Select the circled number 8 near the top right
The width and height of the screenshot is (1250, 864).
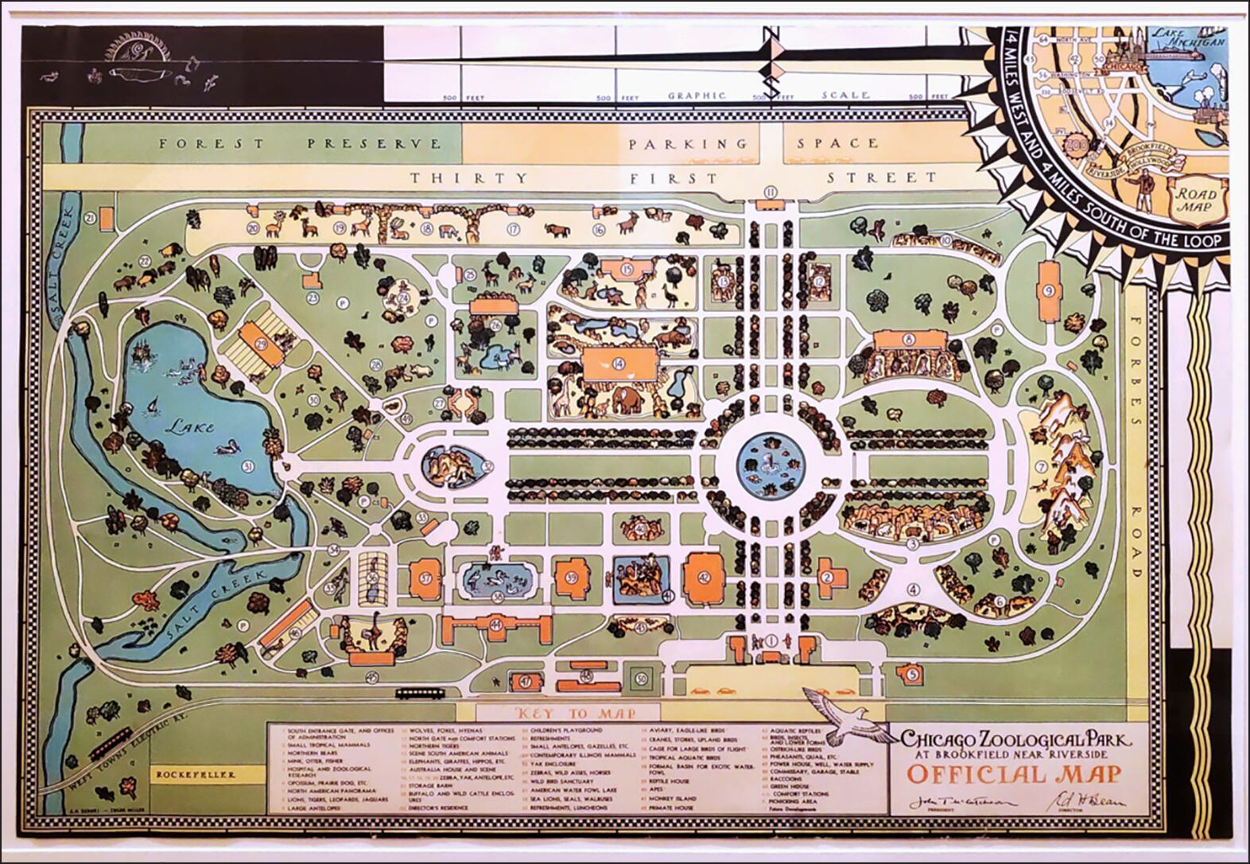point(907,339)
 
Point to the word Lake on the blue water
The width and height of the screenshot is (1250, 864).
point(190,427)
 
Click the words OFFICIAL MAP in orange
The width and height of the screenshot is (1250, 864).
point(1015,773)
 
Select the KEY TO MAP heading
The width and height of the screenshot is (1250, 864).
point(569,713)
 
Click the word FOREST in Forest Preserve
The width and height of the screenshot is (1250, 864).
point(211,144)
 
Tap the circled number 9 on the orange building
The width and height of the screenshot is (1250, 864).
point(1049,291)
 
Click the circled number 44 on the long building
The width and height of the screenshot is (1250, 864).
point(496,625)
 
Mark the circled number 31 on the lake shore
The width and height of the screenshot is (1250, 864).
point(248,466)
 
